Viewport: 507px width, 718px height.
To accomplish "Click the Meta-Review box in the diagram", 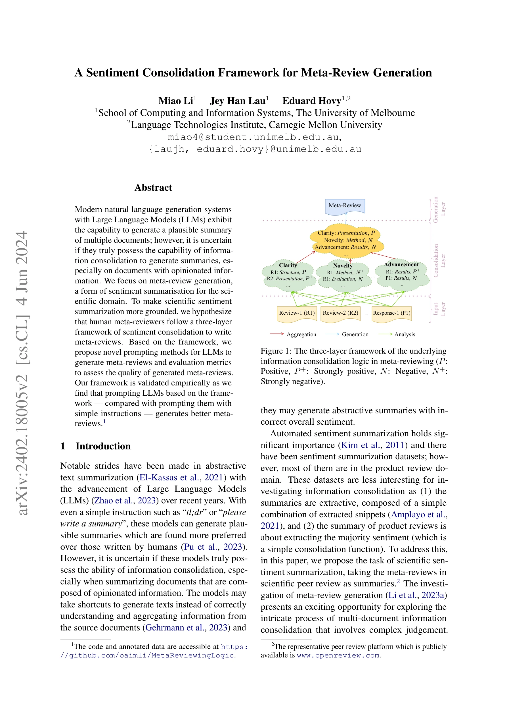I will [x=345, y=206].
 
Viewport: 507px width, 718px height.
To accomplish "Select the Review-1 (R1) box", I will [x=297, y=313].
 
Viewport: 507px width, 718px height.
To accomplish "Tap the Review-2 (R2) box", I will [x=340, y=313].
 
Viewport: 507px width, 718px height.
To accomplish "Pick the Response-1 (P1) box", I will [x=392, y=313].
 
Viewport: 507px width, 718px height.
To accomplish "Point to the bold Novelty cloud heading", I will [x=343, y=266].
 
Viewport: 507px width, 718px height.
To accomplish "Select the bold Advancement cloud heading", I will [x=401, y=265].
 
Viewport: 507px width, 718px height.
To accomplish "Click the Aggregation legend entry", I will [x=301, y=335].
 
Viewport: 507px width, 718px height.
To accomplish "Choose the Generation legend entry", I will [x=355, y=335].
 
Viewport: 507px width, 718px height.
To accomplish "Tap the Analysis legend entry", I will [x=405, y=335].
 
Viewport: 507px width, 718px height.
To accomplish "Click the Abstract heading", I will [x=153, y=188].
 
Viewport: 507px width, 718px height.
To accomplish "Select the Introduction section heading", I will [x=103, y=446].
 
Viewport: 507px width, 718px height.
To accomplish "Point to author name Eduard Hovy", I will [x=312, y=101].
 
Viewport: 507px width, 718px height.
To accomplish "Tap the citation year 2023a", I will [x=433, y=595].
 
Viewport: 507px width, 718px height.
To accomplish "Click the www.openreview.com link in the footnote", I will [x=338, y=655].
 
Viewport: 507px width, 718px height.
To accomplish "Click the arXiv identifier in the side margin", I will [x=22, y=372].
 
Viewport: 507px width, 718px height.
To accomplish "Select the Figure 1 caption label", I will [x=275, y=351].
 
